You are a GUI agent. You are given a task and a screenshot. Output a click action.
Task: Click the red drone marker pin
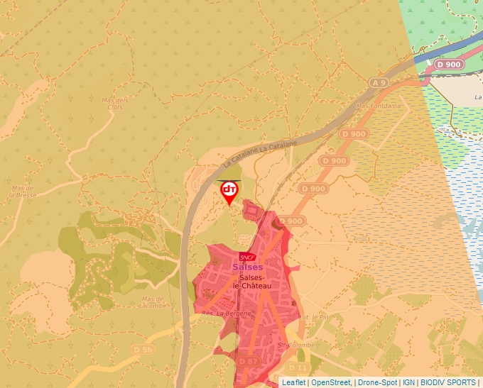229,191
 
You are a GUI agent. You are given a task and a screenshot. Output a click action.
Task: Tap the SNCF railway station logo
247,257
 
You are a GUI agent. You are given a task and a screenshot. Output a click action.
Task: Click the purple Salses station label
247,267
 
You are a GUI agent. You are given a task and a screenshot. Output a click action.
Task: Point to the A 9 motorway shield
379,83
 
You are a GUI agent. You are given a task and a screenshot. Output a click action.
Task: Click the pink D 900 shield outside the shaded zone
448,65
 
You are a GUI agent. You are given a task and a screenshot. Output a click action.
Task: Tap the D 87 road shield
248,361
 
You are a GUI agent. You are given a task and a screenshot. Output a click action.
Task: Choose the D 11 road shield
299,367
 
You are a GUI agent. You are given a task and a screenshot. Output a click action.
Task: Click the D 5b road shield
143,350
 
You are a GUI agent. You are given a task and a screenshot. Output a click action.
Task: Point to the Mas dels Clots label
114,103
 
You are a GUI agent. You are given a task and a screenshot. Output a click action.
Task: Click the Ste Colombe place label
291,345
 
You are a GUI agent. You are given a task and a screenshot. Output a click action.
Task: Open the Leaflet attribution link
294,382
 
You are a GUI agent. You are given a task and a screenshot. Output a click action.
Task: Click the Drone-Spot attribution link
377,382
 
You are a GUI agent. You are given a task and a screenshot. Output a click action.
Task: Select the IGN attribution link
408,382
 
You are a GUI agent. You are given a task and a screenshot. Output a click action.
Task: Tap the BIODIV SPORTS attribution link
447,382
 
